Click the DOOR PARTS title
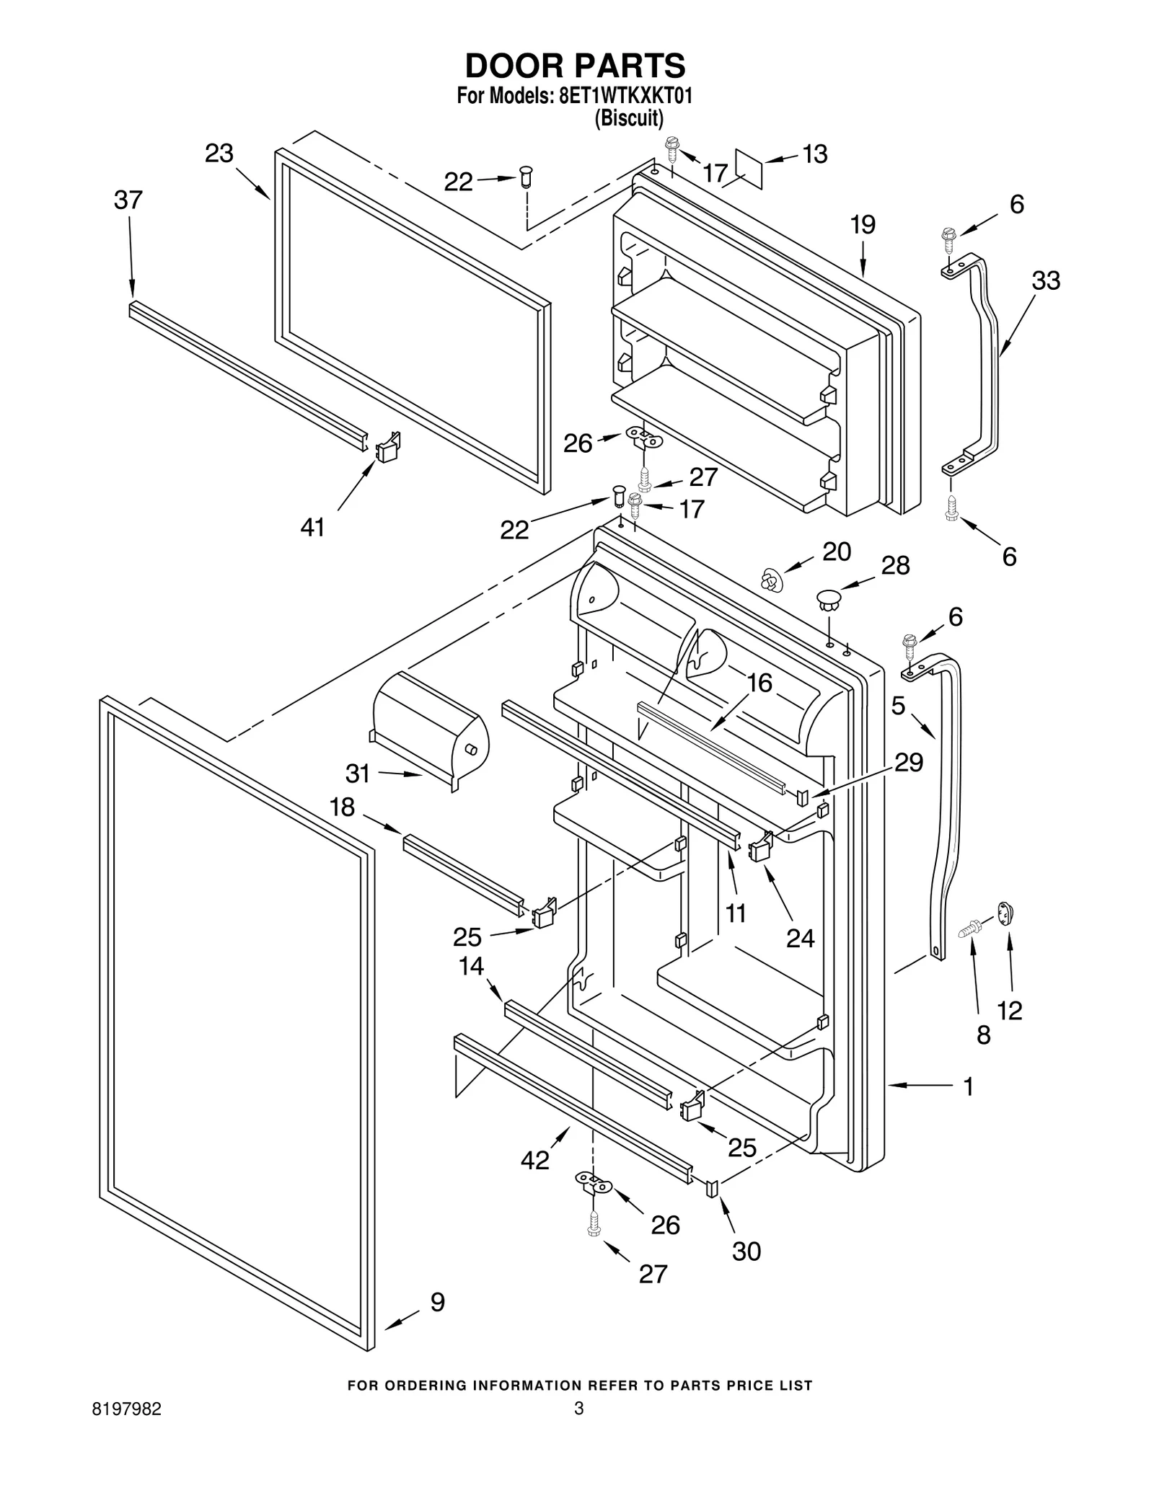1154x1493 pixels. tap(575, 66)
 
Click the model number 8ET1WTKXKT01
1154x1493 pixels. tap(625, 97)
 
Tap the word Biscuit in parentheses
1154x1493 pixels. tap(628, 118)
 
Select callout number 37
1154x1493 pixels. tap(128, 200)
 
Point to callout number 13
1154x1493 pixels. tap(815, 154)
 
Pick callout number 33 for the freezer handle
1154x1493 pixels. tap(1046, 280)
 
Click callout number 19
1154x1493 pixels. tap(863, 225)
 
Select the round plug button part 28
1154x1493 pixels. tap(829, 598)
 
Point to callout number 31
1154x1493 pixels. tap(358, 774)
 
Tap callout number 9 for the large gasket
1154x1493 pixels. tap(438, 1303)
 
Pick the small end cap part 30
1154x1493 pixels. tap(712, 1187)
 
